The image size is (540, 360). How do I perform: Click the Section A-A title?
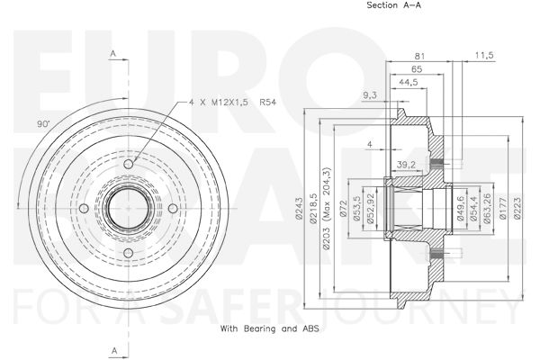pyautogui.click(x=393, y=5)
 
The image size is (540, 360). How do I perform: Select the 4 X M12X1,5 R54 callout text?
pyautogui.click(x=232, y=103)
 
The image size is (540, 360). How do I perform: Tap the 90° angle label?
pyautogui.click(x=43, y=124)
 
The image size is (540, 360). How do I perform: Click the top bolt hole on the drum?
pyautogui.click(x=128, y=164)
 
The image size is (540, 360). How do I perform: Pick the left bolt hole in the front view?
pyautogui.click(x=84, y=209)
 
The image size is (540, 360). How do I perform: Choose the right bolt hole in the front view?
pyautogui.click(x=173, y=209)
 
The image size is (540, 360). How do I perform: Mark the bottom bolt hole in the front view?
pyautogui.click(x=128, y=253)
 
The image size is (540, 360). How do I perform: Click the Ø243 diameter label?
pyautogui.click(x=299, y=208)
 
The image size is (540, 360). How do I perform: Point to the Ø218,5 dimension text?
pyautogui.click(x=313, y=209)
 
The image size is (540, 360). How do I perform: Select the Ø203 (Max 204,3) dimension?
pyautogui.click(x=327, y=209)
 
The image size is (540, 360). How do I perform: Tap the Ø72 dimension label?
pyautogui.click(x=343, y=209)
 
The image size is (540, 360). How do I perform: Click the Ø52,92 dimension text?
pyautogui.click(x=371, y=209)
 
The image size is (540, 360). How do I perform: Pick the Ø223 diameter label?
pyautogui.click(x=517, y=208)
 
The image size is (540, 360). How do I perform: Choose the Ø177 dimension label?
pyautogui.click(x=502, y=208)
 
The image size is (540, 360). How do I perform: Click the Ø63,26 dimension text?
pyautogui.click(x=487, y=209)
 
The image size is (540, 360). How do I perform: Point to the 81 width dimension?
pyautogui.click(x=419, y=56)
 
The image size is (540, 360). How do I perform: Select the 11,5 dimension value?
pyautogui.click(x=484, y=55)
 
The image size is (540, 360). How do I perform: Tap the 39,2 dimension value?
pyautogui.click(x=406, y=165)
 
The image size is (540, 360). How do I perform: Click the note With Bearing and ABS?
pyautogui.click(x=270, y=328)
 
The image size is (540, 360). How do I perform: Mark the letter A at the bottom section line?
pyautogui.click(x=114, y=351)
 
